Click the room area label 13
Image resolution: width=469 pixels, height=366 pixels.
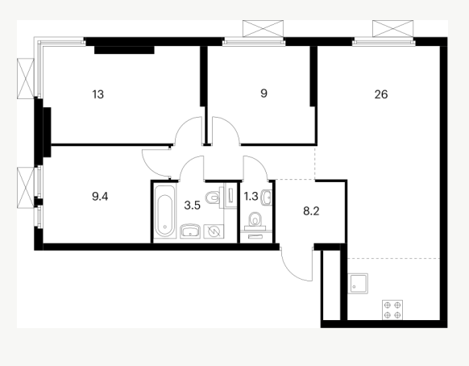tap(98, 94)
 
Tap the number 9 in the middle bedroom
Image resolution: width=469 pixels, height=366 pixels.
tap(264, 94)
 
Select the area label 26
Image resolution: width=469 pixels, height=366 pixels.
tap(381, 94)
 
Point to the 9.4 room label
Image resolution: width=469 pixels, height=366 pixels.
tap(100, 197)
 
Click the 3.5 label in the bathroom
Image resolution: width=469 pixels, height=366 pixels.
tap(192, 206)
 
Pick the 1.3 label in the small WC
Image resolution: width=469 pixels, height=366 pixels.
tap(251, 197)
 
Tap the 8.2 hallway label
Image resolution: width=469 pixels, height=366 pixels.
tap(311, 211)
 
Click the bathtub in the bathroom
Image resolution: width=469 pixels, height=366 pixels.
tap(164, 211)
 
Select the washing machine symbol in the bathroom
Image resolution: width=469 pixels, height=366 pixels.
tap(214, 231)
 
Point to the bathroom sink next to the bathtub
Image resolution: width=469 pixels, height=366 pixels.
tap(190, 231)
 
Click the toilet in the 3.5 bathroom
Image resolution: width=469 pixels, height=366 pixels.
tap(214, 197)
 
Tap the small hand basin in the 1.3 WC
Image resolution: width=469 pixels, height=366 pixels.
tap(266, 198)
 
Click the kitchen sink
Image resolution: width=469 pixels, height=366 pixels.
tap(358, 284)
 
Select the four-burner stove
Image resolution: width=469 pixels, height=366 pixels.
tap(392, 310)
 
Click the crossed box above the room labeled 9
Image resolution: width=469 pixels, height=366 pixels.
tap(263, 29)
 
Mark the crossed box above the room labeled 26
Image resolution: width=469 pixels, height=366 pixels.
tap(392, 29)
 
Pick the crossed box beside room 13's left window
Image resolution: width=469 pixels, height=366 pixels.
tap(26, 78)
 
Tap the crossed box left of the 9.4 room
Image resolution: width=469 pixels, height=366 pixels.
tap(26, 188)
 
